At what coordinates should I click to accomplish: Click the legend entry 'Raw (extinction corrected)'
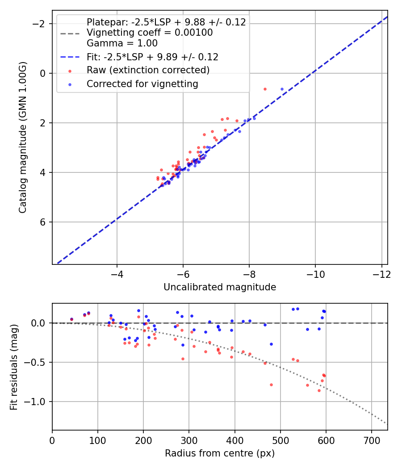[x=148, y=70]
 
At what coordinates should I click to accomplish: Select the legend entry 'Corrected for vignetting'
[x=142, y=84]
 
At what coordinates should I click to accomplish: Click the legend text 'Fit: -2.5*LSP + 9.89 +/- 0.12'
[x=152, y=57]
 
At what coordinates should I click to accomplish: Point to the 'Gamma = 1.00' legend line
[x=122, y=43]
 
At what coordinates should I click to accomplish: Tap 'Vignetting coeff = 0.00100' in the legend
[x=150, y=33]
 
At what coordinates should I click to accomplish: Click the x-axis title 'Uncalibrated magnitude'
[x=220, y=287]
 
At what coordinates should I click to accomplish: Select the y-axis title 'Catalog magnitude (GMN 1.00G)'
[x=23, y=137]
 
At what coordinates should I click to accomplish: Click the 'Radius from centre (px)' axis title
[x=220, y=453]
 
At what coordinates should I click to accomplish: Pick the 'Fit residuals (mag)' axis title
[x=14, y=366]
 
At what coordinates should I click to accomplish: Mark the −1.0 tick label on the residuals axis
[x=35, y=402]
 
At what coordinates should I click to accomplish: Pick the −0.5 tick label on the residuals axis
[x=35, y=362]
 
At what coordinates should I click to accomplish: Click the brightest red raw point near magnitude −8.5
[x=265, y=89]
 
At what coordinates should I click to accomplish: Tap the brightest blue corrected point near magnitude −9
[x=282, y=89]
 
